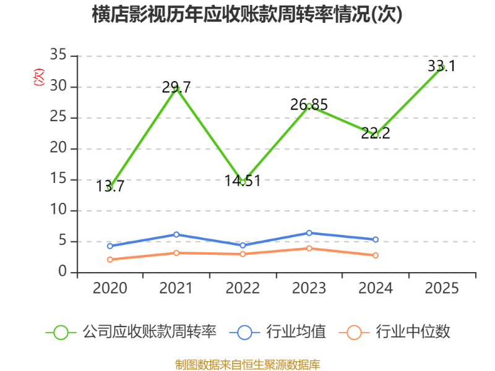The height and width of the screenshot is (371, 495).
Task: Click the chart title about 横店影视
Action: click(x=247, y=15)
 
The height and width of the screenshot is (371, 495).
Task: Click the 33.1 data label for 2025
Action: click(x=441, y=66)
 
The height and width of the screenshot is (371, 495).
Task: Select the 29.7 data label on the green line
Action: click(x=176, y=88)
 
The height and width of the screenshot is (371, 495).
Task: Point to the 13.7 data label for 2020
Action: click(x=111, y=186)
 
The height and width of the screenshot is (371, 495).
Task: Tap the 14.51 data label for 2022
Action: click(x=243, y=181)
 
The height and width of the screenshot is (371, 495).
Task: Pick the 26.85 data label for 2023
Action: click(x=309, y=105)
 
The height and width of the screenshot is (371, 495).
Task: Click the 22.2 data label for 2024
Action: click(x=376, y=132)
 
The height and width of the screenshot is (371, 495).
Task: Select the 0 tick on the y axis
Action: click(x=62, y=272)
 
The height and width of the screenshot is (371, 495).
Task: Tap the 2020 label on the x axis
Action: click(x=110, y=288)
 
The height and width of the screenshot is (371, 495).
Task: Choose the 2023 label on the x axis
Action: click(x=309, y=288)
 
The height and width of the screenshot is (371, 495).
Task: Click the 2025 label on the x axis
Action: click(x=442, y=288)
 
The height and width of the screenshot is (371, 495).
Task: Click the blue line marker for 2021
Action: click(x=176, y=234)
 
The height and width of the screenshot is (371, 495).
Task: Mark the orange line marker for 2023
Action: click(x=309, y=249)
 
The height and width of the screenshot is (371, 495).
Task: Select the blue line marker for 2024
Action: click(x=376, y=239)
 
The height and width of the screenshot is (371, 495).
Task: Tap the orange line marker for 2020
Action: click(x=110, y=260)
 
